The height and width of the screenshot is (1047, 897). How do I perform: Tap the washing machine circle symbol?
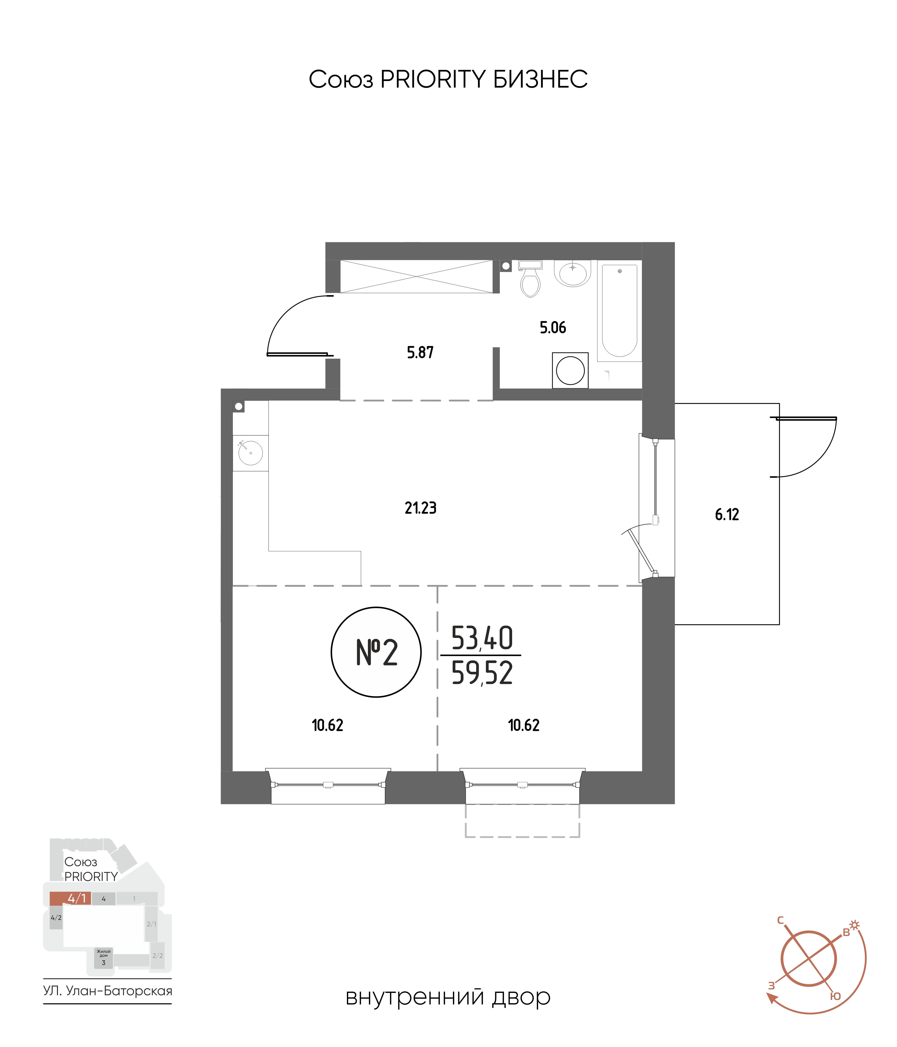click(570, 370)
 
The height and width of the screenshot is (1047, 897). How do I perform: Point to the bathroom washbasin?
click(572, 273)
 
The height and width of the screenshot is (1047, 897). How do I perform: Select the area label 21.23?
click(420, 508)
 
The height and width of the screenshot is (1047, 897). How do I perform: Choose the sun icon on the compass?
click(854, 925)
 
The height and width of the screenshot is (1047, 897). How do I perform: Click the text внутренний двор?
click(448, 997)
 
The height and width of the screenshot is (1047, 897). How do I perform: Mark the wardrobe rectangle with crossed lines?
click(416, 276)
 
